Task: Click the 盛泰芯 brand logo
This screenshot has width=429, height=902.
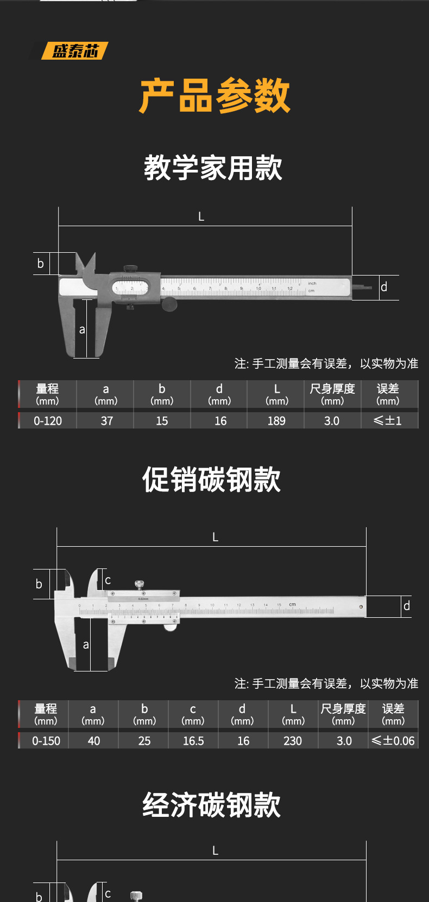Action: click(x=75, y=51)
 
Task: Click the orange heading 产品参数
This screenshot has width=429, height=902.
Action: click(x=214, y=96)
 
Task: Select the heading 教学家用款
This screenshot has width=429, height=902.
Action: click(x=213, y=168)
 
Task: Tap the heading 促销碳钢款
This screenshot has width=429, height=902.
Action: click(x=212, y=479)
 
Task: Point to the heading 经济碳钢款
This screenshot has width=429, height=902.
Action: click(x=212, y=804)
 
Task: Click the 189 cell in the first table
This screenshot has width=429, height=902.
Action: click(x=276, y=421)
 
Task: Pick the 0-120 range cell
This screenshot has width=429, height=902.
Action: click(x=48, y=421)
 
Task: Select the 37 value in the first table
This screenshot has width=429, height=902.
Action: click(x=106, y=421)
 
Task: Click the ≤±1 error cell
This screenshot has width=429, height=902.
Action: click(x=388, y=421)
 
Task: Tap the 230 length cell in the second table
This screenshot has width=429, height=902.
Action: click(x=293, y=741)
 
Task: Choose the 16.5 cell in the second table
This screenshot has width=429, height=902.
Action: click(x=193, y=741)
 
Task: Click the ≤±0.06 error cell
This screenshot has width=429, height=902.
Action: click(x=393, y=741)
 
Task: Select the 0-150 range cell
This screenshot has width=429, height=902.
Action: click(x=46, y=741)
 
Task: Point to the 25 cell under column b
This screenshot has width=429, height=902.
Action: click(x=144, y=741)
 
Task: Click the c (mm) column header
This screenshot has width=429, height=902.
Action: click(x=193, y=714)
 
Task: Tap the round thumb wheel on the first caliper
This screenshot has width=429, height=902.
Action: click(x=169, y=305)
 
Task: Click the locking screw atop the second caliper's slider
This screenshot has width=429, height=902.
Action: click(x=140, y=584)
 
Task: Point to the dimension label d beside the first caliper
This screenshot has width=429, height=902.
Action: click(x=384, y=287)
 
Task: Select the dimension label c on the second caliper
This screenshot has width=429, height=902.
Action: click(x=108, y=580)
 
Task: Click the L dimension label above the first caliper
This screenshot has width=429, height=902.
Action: click(x=201, y=216)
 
